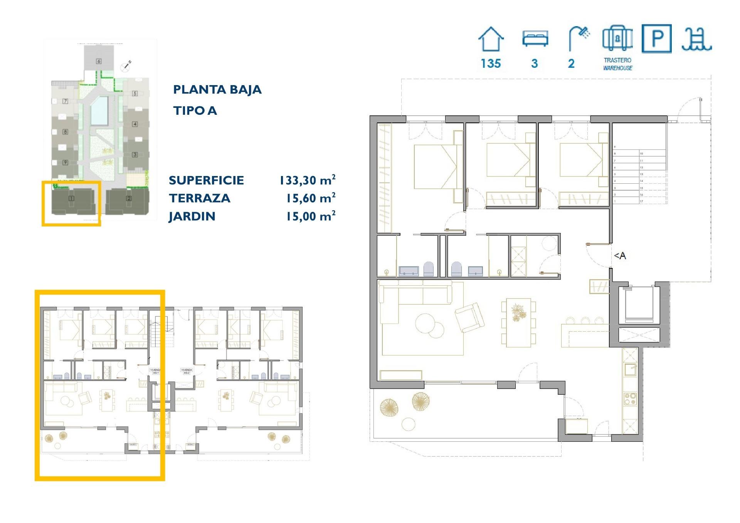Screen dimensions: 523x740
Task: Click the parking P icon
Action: pyautogui.click(x=656, y=39)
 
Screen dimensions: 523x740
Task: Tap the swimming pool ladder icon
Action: pyautogui.click(x=696, y=39)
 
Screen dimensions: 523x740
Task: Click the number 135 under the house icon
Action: pyautogui.click(x=491, y=64)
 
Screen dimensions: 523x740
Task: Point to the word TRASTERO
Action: pyautogui.click(x=617, y=60)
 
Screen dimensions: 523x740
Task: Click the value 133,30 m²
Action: pyautogui.click(x=307, y=180)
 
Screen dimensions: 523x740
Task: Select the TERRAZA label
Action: pyautogui.click(x=199, y=198)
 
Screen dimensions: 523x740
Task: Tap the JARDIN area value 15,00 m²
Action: pyautogui.click(x=310, y=216)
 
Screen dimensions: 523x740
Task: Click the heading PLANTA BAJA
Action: pyautogui.click(x=217, y=90)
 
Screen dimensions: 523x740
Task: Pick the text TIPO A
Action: pyautogui.click(x=195, y=111)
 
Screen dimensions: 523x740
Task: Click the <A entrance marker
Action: pyautogui.click(x=620, y=256)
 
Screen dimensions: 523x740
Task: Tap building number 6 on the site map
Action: pyautogui.click(x=99, y=61)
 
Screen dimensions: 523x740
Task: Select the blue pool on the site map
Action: pyautogui.click(x=99, y=111)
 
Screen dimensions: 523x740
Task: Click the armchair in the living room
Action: pyautogui.click(x=469, y=317)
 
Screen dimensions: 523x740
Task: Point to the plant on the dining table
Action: pyautogui.click(x=518, y=312)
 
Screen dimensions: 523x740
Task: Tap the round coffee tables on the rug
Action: pyautogui.click(x=429, y=325)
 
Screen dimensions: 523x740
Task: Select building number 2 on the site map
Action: pyautogui.click(x=129, y=198)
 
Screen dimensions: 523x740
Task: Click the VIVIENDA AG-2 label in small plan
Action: pyautogui.click(x=187, y=371)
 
